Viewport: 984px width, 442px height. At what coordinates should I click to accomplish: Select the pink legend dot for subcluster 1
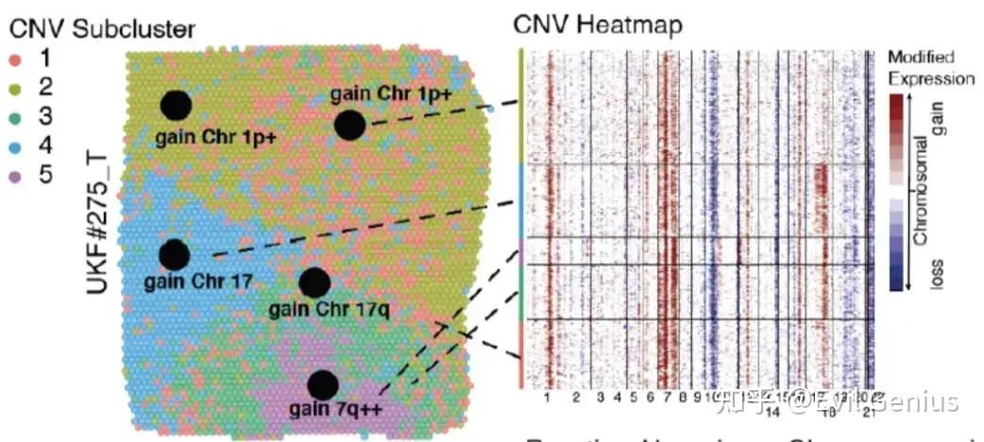coord(16,59)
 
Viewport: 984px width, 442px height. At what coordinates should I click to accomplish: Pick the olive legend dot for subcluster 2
coord(16,88)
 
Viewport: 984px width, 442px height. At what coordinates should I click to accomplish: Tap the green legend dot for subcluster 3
coord(16,117)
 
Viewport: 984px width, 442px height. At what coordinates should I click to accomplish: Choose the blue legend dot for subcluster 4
coord(16,146)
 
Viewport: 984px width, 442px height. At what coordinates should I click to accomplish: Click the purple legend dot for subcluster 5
coord(16,176)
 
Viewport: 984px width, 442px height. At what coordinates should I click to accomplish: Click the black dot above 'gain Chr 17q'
coord(314,282)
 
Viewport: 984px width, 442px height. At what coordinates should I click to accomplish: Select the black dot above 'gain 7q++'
coord(323,384)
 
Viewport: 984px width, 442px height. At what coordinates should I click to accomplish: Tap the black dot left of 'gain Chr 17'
coord(174,255)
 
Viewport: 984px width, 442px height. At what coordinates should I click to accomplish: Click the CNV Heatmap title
coord(597,25)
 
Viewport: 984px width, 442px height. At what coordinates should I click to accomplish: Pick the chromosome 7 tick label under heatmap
coord(668,399)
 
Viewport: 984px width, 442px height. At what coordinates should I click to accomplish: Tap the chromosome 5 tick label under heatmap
coord(633,399)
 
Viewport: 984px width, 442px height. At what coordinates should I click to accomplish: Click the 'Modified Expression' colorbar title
coord(930,68)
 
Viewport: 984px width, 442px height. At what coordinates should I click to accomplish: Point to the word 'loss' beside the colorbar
coord(937,271)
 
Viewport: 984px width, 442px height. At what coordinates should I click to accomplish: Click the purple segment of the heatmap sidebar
coord(519,251)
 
